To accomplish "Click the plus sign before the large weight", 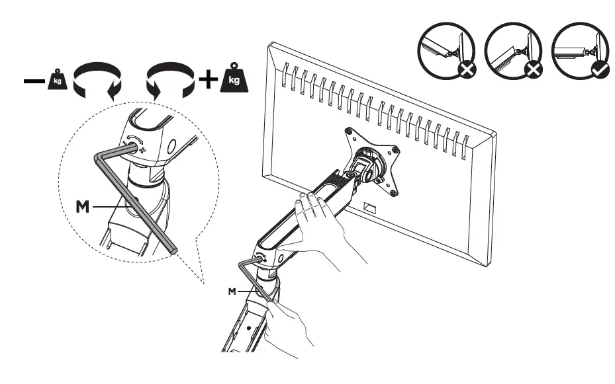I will coord(209,80).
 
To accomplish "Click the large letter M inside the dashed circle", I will coord(83,207).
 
